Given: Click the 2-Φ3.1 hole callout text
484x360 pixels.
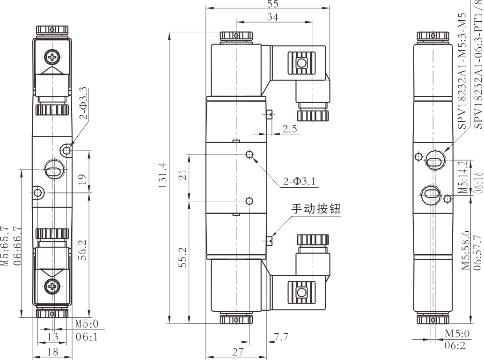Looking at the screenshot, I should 300,181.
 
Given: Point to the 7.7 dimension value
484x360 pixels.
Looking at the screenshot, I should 282,336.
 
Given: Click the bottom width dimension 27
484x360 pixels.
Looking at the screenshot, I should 237,352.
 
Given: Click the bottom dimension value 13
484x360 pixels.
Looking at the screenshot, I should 53,337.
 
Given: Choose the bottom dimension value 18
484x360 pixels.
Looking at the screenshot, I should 53,352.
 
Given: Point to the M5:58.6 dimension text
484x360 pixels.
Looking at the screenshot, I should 466,250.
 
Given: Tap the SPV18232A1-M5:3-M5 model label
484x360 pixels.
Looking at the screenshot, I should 462,65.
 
